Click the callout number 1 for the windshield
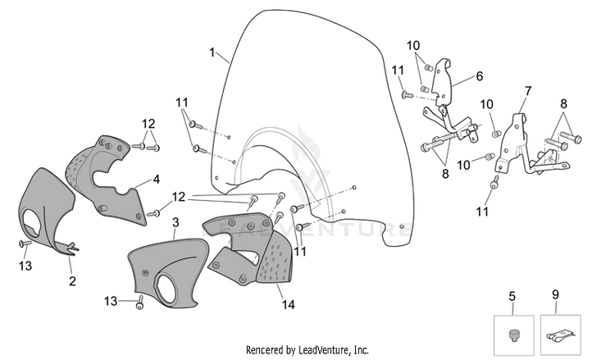[x=212, y=52]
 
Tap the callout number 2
[x=72, y=280]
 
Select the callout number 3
[x=175, y=222]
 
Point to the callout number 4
[x=157, y=180]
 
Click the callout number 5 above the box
[x=512, y=297]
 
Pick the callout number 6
[x=480, y=76]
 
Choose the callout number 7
[x=528, y=91]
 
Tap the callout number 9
[x=555, y=294]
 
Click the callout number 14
[x=289, y=304]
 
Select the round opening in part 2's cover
[x=35, y=222]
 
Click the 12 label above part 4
[x=148, y=124]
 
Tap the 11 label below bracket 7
[x=482, y=212]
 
